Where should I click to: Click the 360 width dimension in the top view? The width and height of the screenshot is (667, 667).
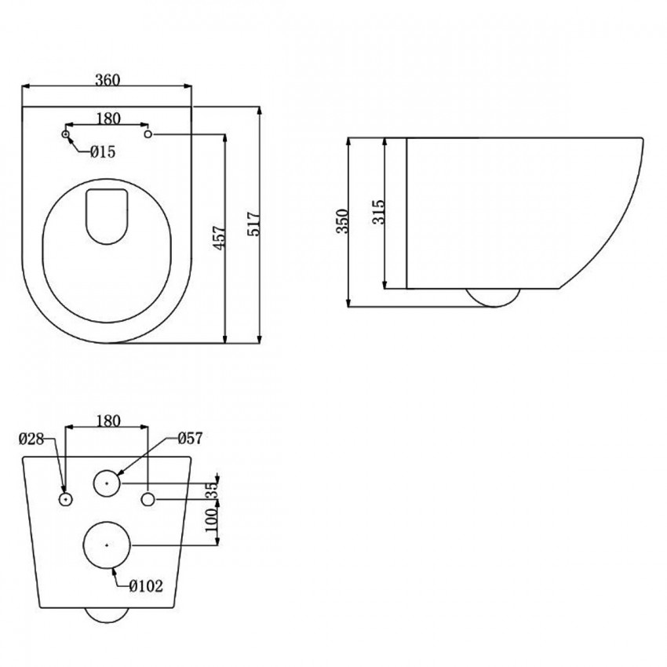click(108, 80)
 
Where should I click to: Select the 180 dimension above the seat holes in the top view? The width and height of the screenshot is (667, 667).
click(108, 118)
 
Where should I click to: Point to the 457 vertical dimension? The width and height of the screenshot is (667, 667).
click(219, 239)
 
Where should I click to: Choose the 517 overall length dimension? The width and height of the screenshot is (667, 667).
click(253, 226)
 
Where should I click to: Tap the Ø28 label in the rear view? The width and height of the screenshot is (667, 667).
click(32, 439)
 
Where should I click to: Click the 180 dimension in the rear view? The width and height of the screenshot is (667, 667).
click(108, 421)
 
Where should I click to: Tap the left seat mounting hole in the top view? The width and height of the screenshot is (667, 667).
click(66, 135)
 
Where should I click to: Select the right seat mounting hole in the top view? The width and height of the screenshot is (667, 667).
click(149, 135)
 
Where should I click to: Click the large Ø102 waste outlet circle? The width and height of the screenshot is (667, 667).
click(107, 543)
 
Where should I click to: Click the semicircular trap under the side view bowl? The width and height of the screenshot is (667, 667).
click(492, 297)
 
